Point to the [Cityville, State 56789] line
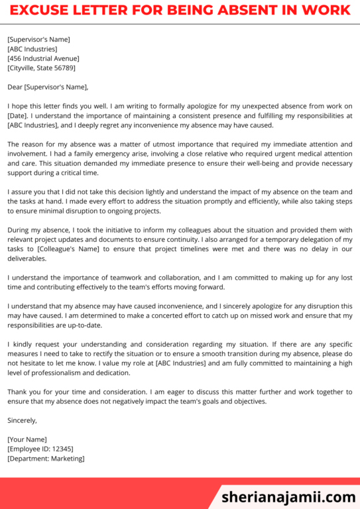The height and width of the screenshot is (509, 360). pyautogui.click(x=41, y=68)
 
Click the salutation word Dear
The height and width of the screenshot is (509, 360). pyautogui.click(x=15, y=87)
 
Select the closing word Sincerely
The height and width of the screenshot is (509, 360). pyautogui.click(x=22, y=420)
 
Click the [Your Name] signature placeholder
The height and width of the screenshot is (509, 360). pyautogui.click(x=27, y=439)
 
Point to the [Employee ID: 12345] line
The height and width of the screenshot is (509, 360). pyautogui.click(x=40, y=449)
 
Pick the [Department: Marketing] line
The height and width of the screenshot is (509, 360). pyautogui.click(x=46, y=458)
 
